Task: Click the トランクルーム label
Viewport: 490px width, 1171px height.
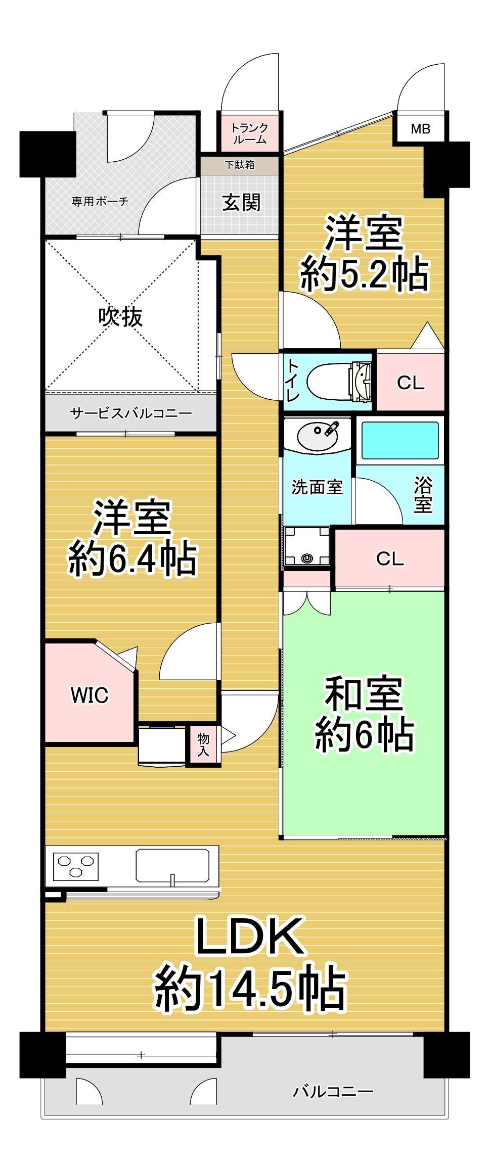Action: pos(249,133)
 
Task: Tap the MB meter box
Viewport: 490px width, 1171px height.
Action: pos(420,129)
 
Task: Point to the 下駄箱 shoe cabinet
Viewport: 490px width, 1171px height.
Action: pos(240,164)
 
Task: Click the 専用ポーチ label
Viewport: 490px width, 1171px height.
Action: pos(100,202)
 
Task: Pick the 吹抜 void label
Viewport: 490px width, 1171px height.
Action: pos(121,317)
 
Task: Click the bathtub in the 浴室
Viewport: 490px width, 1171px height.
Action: pos(400,441)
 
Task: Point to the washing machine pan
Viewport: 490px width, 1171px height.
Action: pos(307,546)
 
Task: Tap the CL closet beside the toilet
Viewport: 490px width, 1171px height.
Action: pos(410,383)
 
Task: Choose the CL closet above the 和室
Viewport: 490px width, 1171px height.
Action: pos(390,558)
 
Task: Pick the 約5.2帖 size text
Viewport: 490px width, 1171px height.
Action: pos(364,274)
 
